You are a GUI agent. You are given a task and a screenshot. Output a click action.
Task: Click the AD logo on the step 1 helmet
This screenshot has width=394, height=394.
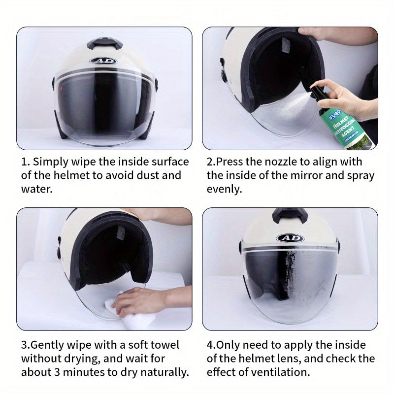[103, 61]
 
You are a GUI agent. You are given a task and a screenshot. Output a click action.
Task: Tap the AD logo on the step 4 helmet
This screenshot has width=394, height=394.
[290, 238]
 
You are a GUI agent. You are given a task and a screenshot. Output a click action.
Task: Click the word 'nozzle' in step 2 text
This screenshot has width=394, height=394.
[285, 162]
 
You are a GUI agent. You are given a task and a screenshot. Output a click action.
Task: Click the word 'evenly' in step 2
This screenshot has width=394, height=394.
[224, 189]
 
